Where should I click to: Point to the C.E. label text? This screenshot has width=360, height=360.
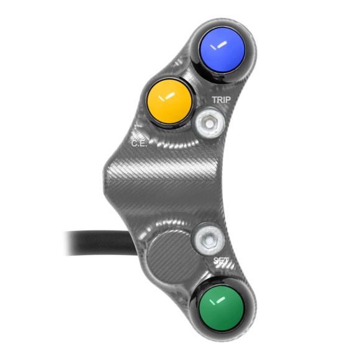coord(138,143)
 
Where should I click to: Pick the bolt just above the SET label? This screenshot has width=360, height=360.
coord(205,238)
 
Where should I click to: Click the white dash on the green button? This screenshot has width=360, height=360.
coord(218,303)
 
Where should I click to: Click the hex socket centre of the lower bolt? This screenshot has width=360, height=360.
coord(205,238)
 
